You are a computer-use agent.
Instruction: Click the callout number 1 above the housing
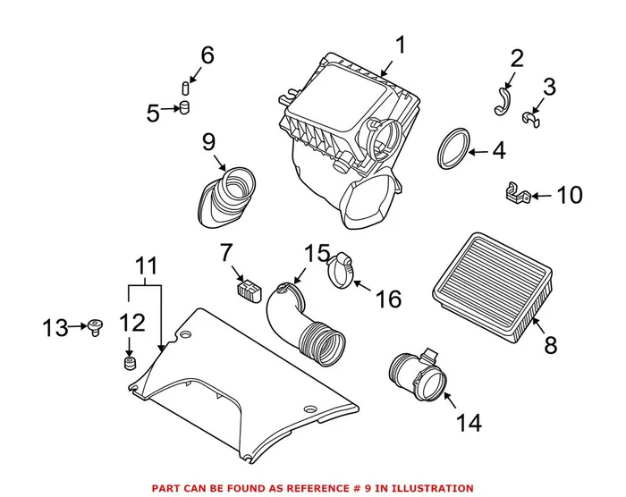(x=400, y=45)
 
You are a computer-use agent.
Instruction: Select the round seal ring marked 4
(x=454, y=149)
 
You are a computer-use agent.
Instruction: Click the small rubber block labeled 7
(x=246, y=288)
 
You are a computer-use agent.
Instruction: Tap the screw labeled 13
(x=93, y=328)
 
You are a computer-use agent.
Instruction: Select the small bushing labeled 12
(x=128, y=364)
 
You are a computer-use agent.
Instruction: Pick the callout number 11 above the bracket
(x=147, y=265)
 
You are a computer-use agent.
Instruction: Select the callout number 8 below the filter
(x=551, y=343)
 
